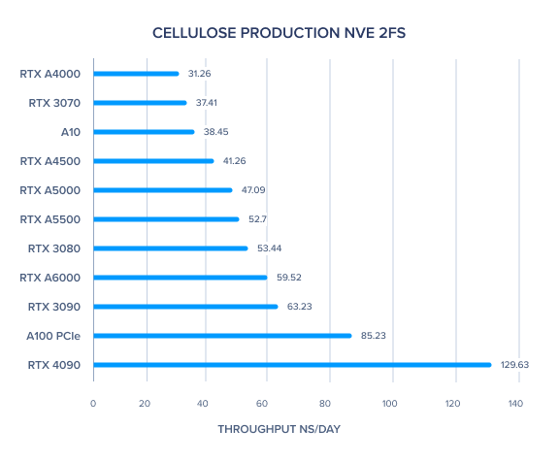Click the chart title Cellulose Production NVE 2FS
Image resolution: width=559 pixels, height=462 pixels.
[279, 33]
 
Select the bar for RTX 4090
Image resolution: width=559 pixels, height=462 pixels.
[292, 365]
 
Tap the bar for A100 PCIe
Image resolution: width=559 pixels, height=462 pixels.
[222, 336]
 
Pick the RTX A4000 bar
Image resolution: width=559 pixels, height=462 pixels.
[136, 74]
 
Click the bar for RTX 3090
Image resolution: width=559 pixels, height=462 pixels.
[185, 307]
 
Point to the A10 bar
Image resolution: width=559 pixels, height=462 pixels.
[144, 132]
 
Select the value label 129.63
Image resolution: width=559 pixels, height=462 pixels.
[514, 365]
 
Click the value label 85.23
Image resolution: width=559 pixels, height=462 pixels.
[374, 336]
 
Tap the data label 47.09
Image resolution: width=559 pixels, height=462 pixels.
[253, 190]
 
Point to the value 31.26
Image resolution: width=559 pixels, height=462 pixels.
[199, 74]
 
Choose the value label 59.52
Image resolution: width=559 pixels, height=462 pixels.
[289, 278]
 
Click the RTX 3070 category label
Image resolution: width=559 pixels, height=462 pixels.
[54, 103]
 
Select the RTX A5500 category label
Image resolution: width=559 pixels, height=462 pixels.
[50, 219]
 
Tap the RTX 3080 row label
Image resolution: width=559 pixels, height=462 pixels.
[54, 248]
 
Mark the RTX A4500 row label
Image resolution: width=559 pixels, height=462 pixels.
[50, 161]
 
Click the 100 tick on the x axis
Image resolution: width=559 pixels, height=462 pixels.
[390, 404]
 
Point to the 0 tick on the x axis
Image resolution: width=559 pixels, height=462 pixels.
[93, 404]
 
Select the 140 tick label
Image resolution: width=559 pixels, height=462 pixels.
[515, 404]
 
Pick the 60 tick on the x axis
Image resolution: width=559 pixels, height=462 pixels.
[262, 404]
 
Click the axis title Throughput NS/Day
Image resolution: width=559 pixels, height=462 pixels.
[279, 429]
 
